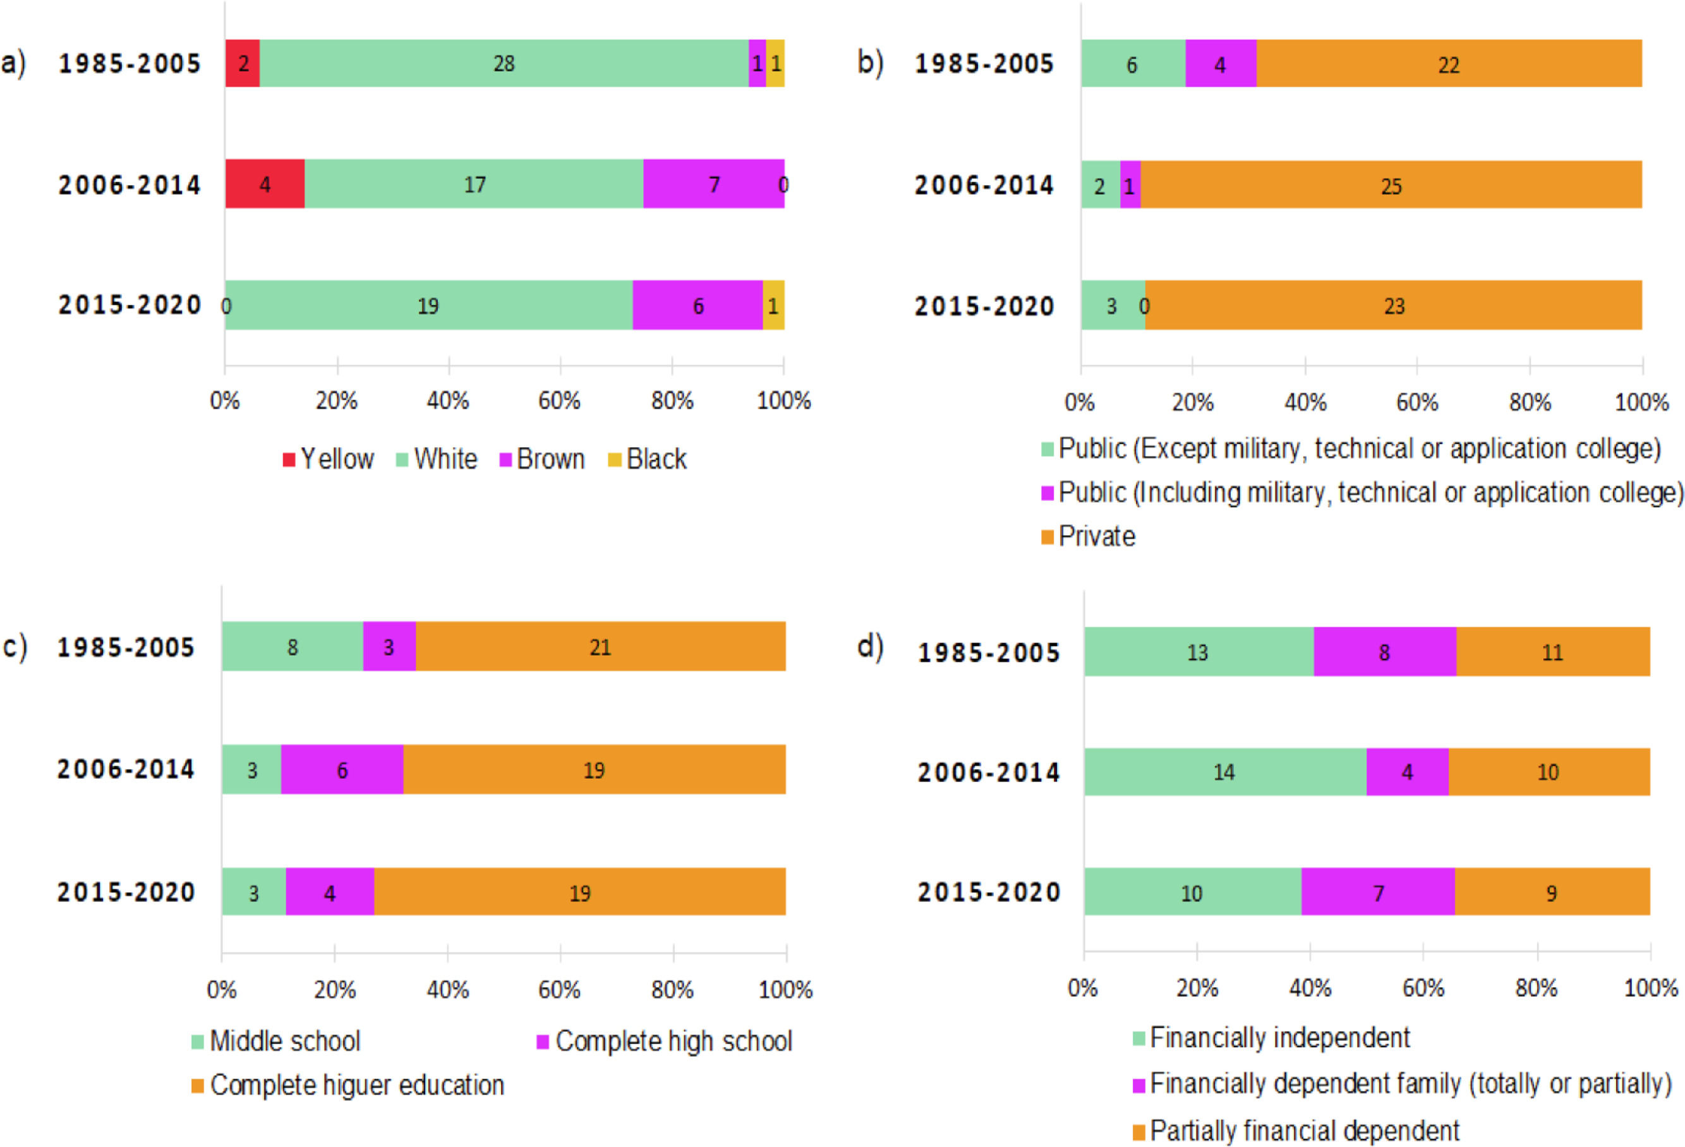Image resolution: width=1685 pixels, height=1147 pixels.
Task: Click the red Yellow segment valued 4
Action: [x=265, y=184]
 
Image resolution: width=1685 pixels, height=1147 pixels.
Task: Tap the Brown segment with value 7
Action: [x=713, y=184]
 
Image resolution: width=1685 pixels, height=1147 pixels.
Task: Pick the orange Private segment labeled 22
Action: [x=1448, y=64]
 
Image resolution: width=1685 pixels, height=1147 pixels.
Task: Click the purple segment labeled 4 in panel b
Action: [x=1220, y=64]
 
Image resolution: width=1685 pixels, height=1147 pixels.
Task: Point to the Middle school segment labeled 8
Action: [x=292, y=647]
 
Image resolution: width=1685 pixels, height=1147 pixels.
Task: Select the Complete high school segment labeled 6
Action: [x=342, y=769]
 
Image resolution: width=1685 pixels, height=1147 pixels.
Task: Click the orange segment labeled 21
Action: [x=600, y=647]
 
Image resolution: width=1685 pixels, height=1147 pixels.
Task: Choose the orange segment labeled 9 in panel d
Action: [x=1552, y=892]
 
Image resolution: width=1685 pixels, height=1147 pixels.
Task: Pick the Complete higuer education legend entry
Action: [x=348, y=1085]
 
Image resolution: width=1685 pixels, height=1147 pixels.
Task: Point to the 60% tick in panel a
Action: [x=559, y=400]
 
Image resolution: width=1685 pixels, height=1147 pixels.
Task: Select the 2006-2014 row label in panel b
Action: [x=984, y=186]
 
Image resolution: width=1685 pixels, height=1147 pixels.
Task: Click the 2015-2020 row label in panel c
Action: [x=126, y=892]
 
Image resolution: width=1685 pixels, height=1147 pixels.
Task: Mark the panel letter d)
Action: [x=870, y=646]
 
